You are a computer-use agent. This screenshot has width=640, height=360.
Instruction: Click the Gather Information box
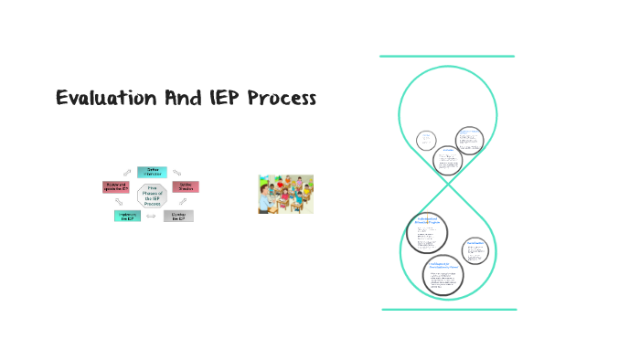[x=152, y=171]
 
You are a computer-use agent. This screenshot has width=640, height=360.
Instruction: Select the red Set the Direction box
[x=186, y=186]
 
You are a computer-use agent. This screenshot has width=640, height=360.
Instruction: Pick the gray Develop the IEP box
[x=178, y=216]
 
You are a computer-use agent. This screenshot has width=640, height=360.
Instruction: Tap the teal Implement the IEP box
[x=127, y=216]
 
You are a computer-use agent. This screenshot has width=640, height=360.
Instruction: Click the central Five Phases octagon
[x=152, y=195]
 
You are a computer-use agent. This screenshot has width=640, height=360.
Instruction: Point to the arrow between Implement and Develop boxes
[x=153, y=220]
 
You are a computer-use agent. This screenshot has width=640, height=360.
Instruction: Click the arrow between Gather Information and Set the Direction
[x=177, y=173]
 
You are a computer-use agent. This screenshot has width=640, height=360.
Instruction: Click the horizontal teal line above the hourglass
[x=447, y=57]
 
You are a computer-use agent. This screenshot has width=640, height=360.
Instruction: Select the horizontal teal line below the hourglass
[x=448, y=310]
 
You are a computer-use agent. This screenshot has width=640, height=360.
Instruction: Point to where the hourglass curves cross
[x=448, y=183]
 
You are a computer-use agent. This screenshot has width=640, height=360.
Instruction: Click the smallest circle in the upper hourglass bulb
[x=426, y=140]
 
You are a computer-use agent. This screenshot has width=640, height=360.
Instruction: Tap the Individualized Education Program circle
[x=428, y=234]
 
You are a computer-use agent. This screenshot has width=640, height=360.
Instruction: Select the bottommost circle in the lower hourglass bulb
[x=443, y=274]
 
